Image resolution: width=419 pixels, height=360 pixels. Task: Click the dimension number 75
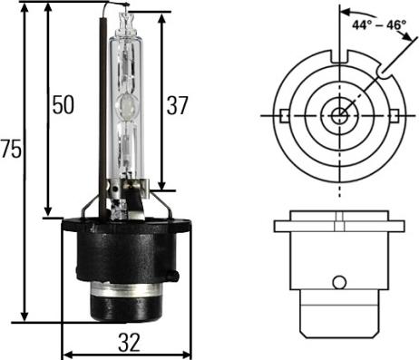pyautogui.click(x=11, y=149)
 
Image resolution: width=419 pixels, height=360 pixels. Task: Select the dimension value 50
pyautogui.click(x=63, y=105)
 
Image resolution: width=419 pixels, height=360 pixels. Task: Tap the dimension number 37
pyautogui.click(x=178, y=105)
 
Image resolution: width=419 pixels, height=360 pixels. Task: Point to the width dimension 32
pyautogui.click(x=129, y=342)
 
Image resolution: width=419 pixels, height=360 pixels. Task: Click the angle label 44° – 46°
pyautogui.click(x=379, y=25)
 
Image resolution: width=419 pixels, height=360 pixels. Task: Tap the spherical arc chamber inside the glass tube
pyautogui.click(x=127, y=105)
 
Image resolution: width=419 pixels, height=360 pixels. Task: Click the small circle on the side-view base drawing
pyautogui.click(x=339, y=282)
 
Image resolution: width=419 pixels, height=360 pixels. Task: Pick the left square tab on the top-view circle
pyautogui.click(x=284, y=116)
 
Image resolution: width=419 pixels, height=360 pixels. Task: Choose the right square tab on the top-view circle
pyautogui.click(x=395, y=116)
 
